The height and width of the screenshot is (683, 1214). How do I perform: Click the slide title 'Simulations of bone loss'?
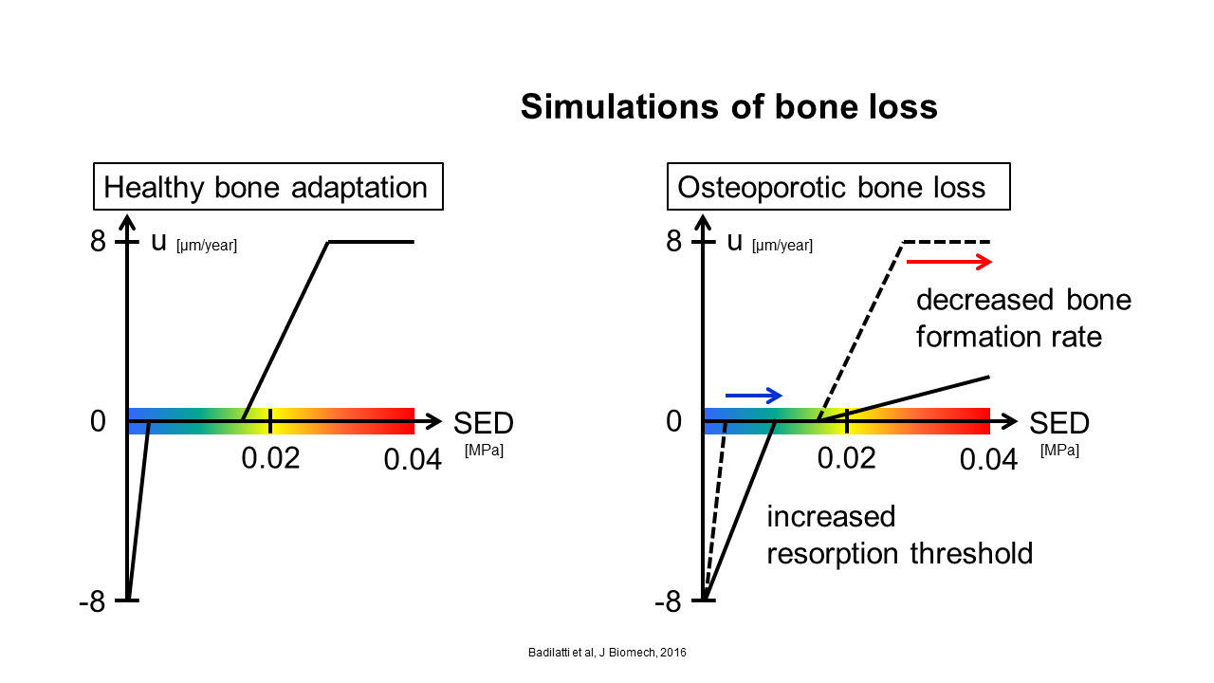[x=729, y=106]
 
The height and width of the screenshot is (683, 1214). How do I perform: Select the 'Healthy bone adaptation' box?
[x=268, y=187]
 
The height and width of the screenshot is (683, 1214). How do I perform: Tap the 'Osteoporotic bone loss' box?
[x=838, y=187]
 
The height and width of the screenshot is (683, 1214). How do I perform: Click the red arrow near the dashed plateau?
[x=949, y=262]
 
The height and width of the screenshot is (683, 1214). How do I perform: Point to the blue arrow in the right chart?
[x=754, y=396]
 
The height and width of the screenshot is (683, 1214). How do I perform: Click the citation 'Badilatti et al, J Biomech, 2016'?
[x=607, y=653]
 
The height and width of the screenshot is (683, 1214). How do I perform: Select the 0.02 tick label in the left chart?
[x=270, y=458]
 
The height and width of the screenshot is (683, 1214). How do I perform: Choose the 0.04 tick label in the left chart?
[x=413, y=460]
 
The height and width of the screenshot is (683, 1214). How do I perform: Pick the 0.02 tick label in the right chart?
[x=846, y=458]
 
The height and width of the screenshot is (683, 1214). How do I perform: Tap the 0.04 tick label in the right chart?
[x=988, y=460]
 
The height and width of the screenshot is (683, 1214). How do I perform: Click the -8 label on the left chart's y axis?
[x=92, y=601]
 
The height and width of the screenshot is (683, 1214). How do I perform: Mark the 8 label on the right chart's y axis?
[x=673, y=241]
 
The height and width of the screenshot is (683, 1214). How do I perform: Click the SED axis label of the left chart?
[x=484, y=423]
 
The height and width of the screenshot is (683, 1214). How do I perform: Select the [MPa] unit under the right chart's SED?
[x=1059, y=451]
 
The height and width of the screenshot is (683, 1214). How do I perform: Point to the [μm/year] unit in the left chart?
[x=207, y=246]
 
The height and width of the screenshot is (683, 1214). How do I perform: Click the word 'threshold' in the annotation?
[x=971, y=553]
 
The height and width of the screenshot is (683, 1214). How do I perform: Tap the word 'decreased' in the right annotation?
[x=984, y=300]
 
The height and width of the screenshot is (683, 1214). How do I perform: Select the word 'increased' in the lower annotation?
[x=831, y=517]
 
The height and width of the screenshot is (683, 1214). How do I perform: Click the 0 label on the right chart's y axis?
[x=673, y=421]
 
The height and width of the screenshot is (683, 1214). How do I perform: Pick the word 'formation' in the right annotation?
[x=978, y=337]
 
